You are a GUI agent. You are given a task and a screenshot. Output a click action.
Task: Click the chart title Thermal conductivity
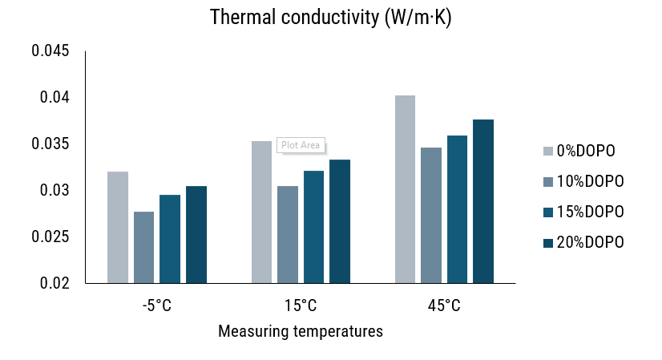tap(330, 18)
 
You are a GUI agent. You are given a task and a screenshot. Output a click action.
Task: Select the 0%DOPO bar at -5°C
tap(118, 228)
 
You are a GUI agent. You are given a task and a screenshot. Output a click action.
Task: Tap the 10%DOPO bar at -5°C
tap(143, 248)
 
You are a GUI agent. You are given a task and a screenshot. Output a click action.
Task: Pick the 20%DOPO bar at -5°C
tap(196, 235)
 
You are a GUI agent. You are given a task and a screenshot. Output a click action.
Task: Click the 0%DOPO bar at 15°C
tap(261, 212)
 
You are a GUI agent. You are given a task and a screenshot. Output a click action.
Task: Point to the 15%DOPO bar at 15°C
tap(313, 227)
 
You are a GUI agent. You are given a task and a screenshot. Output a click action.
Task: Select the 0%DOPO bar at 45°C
tap(405, 189)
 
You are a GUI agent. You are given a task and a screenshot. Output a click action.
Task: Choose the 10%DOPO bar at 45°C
tap(431, 216)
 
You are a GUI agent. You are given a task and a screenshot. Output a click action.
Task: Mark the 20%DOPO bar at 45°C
tap(483, 201)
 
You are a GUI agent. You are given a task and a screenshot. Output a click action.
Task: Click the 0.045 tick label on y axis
tap(50, 51)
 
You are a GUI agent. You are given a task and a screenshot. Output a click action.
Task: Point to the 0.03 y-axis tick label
tap(54, 191)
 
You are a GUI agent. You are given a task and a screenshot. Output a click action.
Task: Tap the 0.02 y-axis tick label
tap(54, 284)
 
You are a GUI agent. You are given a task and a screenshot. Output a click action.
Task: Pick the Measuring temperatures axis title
tap(300, 331)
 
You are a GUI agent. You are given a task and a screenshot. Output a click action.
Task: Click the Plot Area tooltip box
tap(301, 145)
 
